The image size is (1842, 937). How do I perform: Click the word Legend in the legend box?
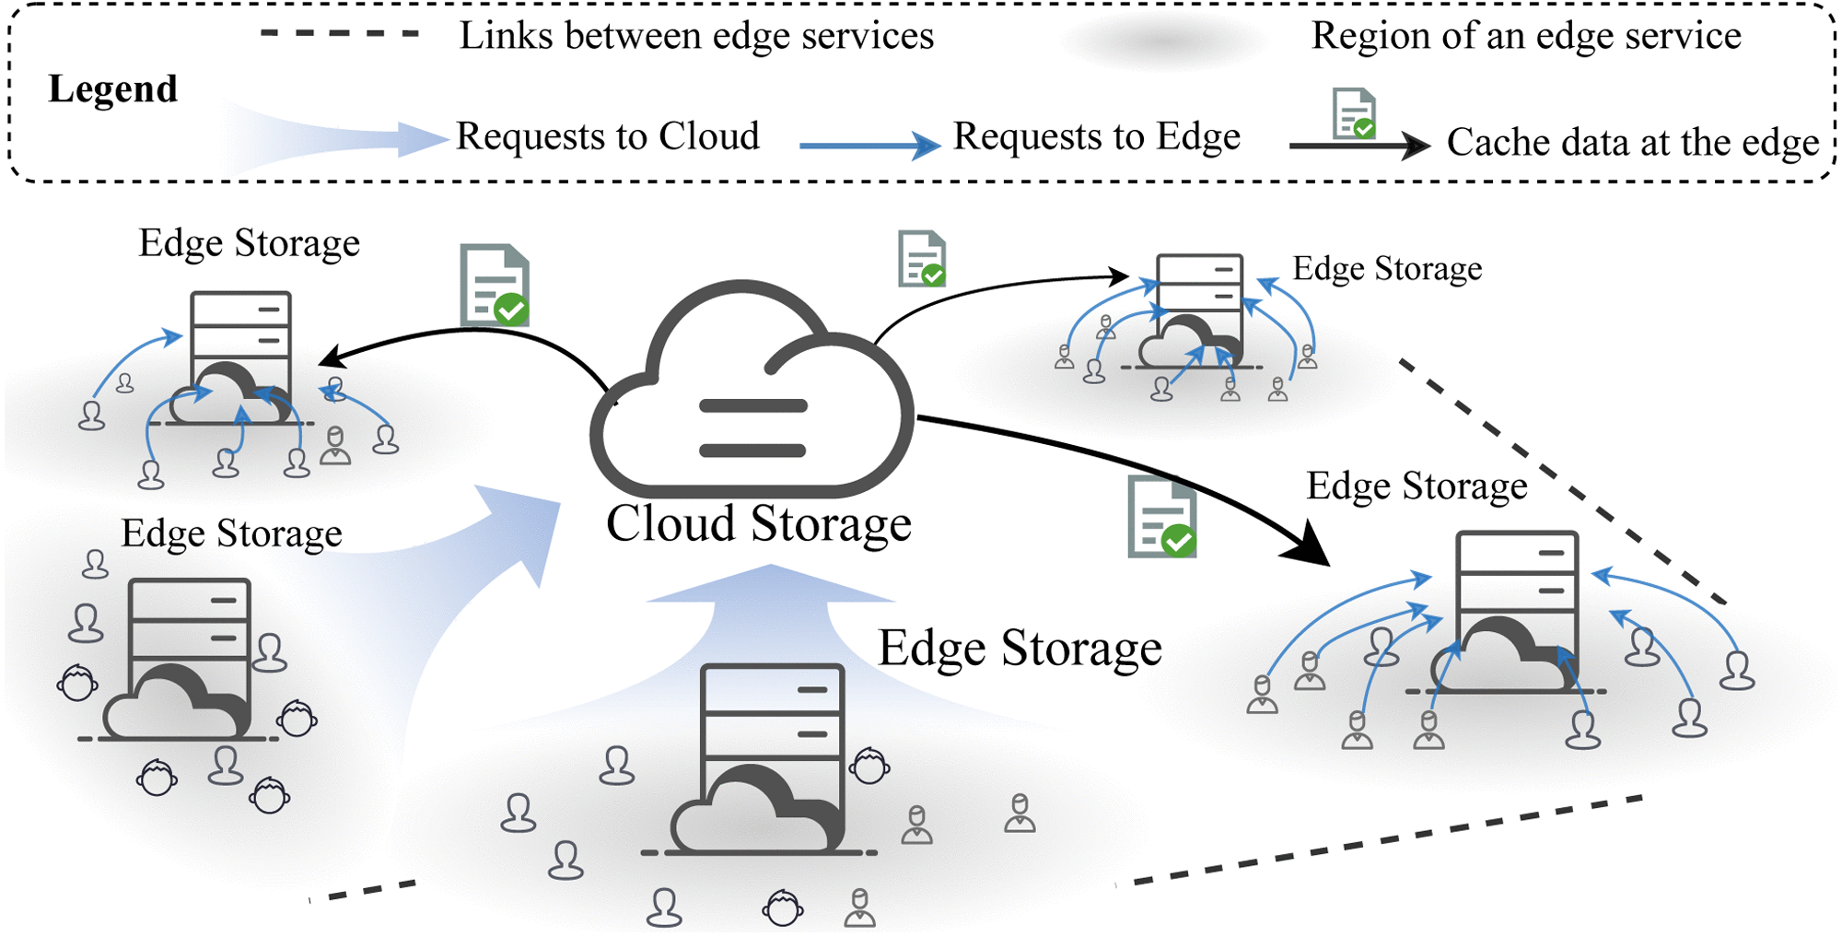[x=112, y=89]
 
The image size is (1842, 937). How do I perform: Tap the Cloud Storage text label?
[x=758, y=523]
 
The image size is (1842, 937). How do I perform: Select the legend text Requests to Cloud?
[x=608, y=136]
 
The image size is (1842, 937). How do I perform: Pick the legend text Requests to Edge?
[x=1096, y=136]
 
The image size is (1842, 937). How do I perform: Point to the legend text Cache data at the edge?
[x=1632, y=143]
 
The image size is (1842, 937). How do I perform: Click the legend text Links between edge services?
[x=696, y=36]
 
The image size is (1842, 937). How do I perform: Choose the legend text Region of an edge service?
[x=1526, y=36]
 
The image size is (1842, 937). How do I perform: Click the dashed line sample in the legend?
[x=340, y=34]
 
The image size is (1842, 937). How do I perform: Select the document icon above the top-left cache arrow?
[x=495, y=286]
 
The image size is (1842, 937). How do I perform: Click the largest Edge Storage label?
[x=1020, y=648]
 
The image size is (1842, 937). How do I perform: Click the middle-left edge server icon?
[x=184, y=659]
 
